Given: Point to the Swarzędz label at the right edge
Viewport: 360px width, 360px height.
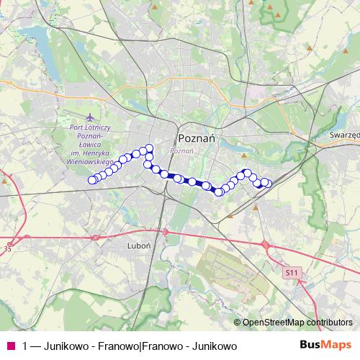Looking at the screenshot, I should click(344, 135).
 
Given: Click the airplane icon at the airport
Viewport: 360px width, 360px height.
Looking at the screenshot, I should click(89, 117).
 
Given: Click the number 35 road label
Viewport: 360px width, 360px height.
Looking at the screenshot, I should click(8, 249).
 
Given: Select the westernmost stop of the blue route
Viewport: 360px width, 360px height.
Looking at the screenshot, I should click(91, 180).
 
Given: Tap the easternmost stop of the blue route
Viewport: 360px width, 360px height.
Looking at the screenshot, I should click(267, 183).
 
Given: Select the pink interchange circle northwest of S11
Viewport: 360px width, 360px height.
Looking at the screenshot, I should click(266, 245).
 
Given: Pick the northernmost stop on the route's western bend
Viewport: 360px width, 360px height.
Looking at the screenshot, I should click(150, 148).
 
